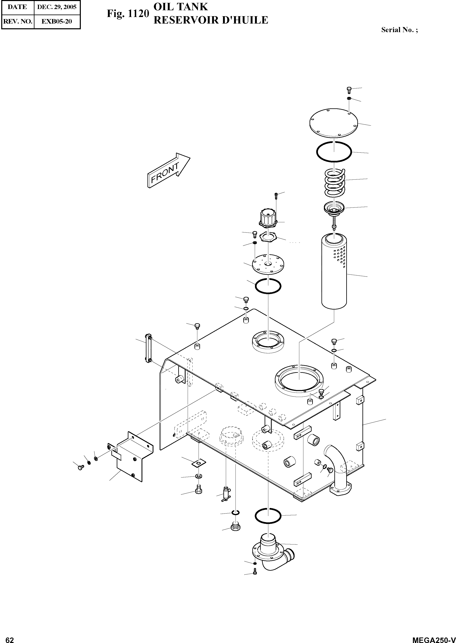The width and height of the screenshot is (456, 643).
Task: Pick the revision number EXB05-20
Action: click(x=57, y=21)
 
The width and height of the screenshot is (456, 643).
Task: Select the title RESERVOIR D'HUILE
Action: click(x=211, y=20)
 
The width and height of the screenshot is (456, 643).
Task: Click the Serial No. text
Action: click(x=399, y=30)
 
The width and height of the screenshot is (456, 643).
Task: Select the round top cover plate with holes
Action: click(x=333, y=123)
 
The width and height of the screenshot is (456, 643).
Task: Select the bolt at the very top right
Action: click(x=349, y=90)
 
